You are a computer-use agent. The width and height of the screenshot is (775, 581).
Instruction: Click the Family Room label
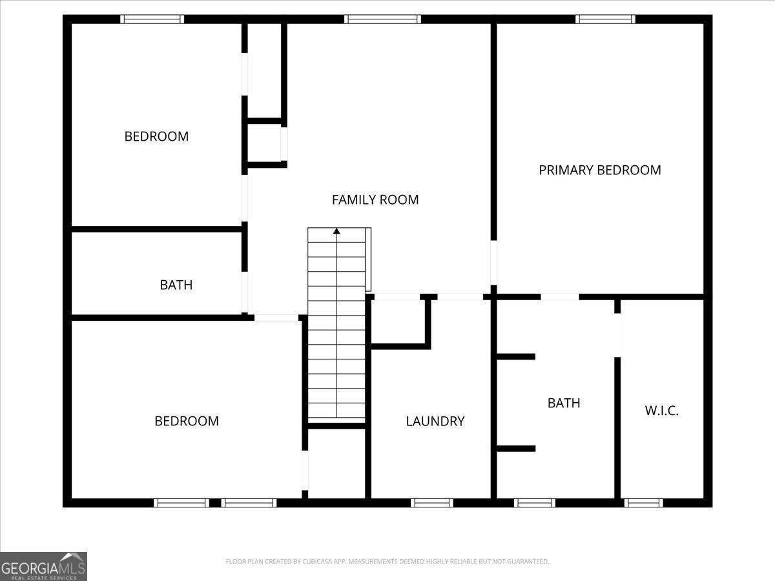tap(375, 199)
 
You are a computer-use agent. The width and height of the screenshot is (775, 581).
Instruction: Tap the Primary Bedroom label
tap(600, 170)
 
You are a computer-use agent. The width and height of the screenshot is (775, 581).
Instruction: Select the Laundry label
tap(435, 421)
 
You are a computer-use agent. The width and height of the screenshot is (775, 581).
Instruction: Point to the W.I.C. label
tap(662, 411)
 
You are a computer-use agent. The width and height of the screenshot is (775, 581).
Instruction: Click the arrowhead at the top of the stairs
tap(336, 231)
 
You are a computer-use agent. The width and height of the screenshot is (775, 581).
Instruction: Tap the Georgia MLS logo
tap(43, 566)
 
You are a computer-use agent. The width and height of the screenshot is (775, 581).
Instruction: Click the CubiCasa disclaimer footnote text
tap(387, 561)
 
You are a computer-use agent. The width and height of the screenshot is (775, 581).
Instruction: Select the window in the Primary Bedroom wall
tap(605, 19)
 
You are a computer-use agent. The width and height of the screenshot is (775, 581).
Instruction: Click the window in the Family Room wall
tap(382, 19)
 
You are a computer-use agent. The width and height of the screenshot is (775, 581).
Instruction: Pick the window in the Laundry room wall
tap(432, 503)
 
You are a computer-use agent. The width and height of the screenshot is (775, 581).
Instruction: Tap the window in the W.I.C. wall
tap(644, 503)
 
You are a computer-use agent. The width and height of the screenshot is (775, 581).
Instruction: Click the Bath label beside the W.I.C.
tap(564, 403)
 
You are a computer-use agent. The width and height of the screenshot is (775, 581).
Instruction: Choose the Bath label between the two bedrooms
tap(176, 285)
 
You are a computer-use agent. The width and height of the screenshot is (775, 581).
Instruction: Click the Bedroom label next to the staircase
tap(187, 421)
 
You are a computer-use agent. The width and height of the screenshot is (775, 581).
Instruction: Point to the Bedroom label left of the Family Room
tap(156, 136)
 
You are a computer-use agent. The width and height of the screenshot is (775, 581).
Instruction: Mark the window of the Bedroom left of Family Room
tap(152, 19)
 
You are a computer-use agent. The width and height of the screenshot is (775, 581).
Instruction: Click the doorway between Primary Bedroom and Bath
tap(560, 297)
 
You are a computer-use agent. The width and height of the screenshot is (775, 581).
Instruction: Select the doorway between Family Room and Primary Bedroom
tap(493, 263)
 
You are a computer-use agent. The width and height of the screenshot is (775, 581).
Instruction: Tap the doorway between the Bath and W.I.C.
tap(617, 335)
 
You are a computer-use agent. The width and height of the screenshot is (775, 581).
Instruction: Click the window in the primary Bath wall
tap(535, 503)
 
